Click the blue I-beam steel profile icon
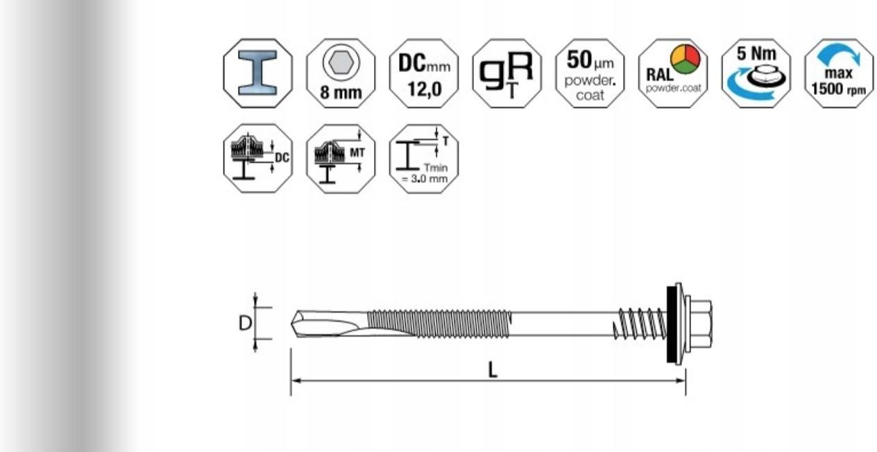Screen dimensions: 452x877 (257, 73)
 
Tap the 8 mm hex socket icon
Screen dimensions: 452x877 (341, 73)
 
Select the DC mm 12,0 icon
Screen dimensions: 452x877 (424, 73)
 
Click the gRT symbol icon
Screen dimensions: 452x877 (506, 73)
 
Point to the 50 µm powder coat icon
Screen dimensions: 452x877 (590, 73)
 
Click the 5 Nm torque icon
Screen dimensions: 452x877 (756, 73)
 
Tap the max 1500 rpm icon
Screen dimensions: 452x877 (839, 73)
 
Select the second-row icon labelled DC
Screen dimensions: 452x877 (257, 158)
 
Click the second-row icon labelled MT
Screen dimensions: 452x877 (341, 158)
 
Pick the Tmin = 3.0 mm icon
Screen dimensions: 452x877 (424, 158)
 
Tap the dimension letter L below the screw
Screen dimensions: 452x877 (492, 370)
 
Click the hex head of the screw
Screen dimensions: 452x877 (700, 323)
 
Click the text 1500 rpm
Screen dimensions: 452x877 (839, 91)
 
